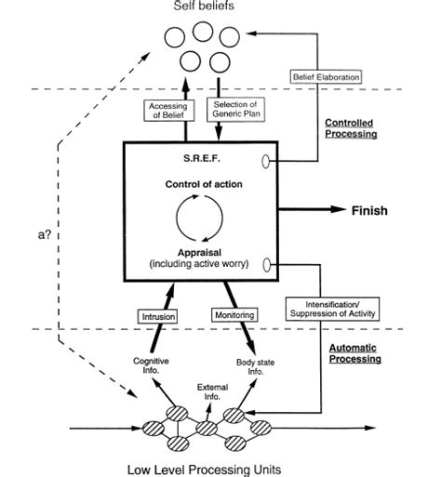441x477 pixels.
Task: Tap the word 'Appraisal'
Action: [x=200, y=252]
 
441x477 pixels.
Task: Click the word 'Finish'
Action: [x=368, y=210]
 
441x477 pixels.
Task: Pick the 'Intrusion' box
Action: [x=159, y=316]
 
